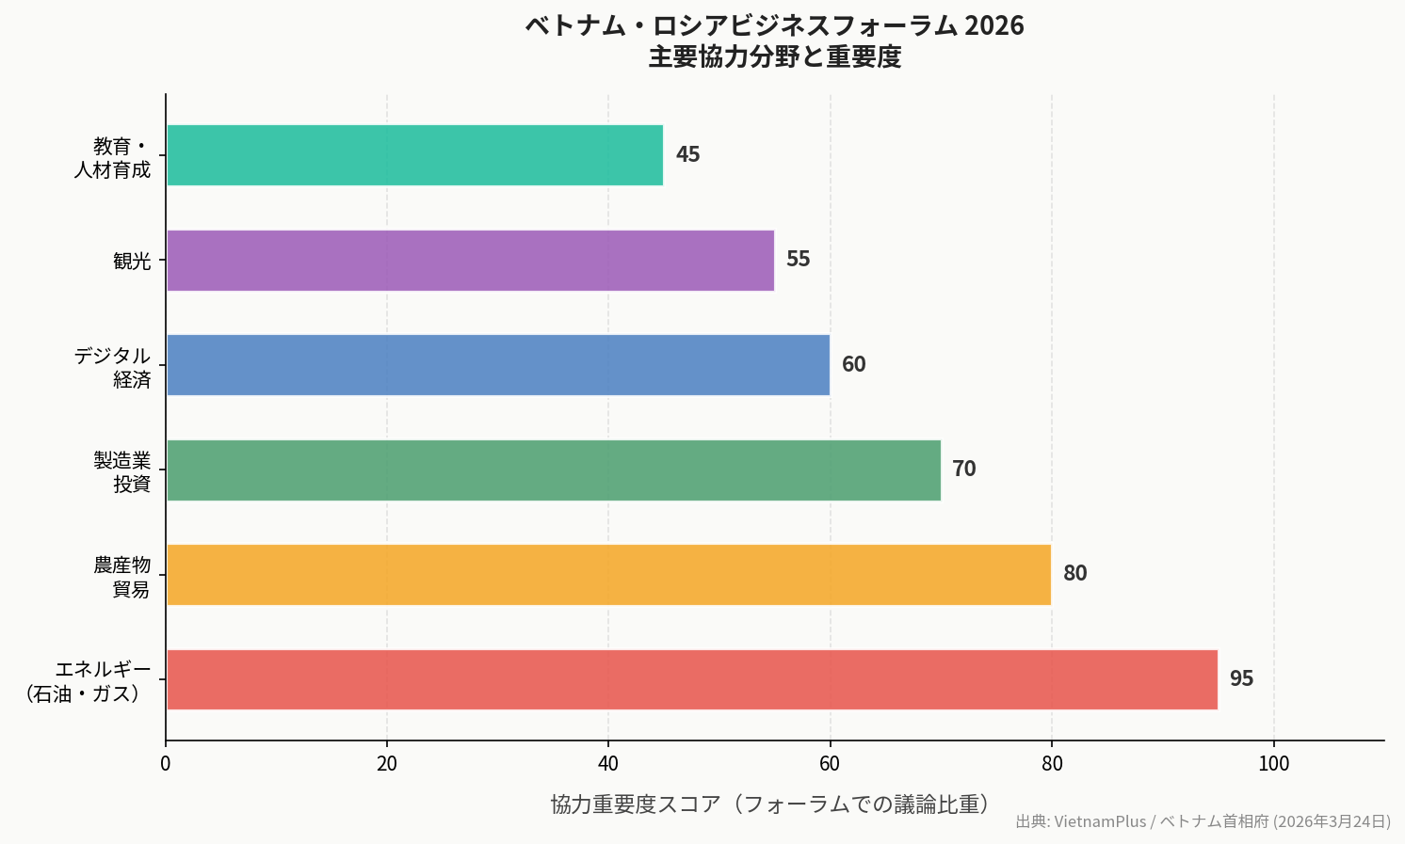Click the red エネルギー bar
coord(691,679)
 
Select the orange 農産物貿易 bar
coord(608,574)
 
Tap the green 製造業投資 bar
coord(553,470)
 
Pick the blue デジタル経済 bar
coord(497,365)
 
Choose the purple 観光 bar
coord(470,260)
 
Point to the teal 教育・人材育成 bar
coord(414,155)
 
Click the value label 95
coord(1241,678)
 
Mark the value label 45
coord(687,154)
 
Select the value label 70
coord(963,469)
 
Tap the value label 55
coord(798,259)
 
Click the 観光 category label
coord(132,261)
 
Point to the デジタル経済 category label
coord(113,367)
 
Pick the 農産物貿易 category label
coord(122,577)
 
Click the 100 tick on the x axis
coord(1273,764)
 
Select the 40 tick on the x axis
coord(608,764)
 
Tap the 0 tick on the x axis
coord(166,764)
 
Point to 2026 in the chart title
coord(994,25)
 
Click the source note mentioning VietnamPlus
coord(1203,821)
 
